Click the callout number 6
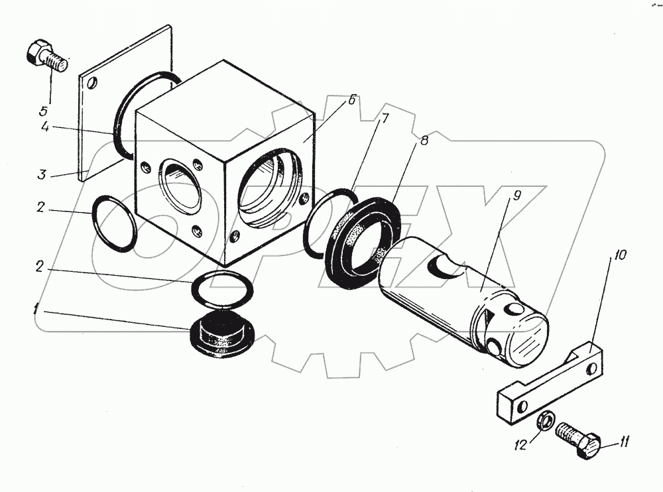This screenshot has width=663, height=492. [x=351, y=101]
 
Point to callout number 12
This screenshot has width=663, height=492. [x=522, y=445]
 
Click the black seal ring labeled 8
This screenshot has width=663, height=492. [x=363, y=241]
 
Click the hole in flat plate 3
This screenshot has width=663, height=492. [x=93, y=84]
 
